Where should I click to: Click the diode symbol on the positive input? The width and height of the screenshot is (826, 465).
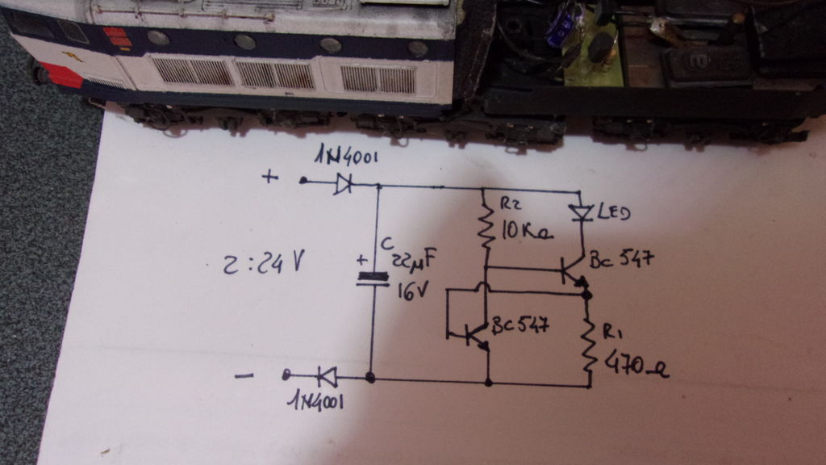point(343,184)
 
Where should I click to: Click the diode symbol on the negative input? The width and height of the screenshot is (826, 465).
point(326,375)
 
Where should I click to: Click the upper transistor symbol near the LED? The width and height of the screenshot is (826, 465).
point(572,270)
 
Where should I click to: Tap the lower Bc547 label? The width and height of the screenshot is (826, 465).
point(520,326)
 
